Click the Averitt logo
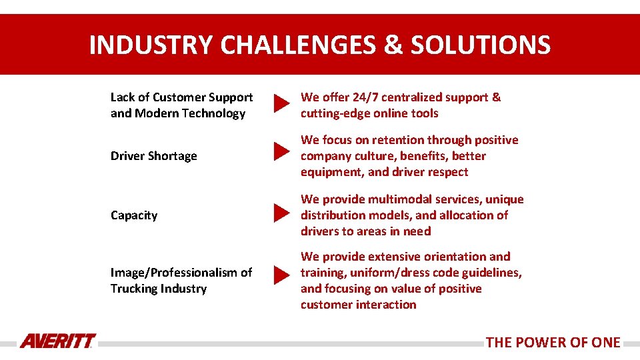click(x=57, y=341)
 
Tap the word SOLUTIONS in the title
click(x=481, y=45)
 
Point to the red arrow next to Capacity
click(x=281, y=214)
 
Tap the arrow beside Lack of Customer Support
click(x=281, y=104)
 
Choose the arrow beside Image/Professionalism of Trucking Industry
click(x=281, y=274)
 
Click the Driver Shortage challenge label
click(x=154, y=156)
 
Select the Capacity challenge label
click(x=134, y=215)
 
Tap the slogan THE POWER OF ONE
click(x=553, y=343)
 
